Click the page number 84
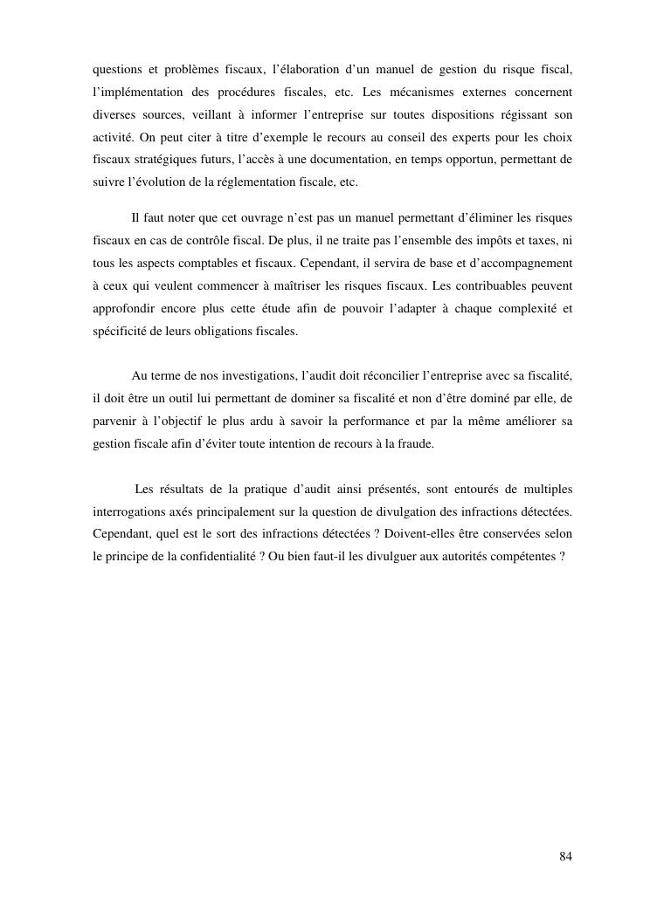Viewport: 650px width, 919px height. pyautogui.click(x=565, y=855)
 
